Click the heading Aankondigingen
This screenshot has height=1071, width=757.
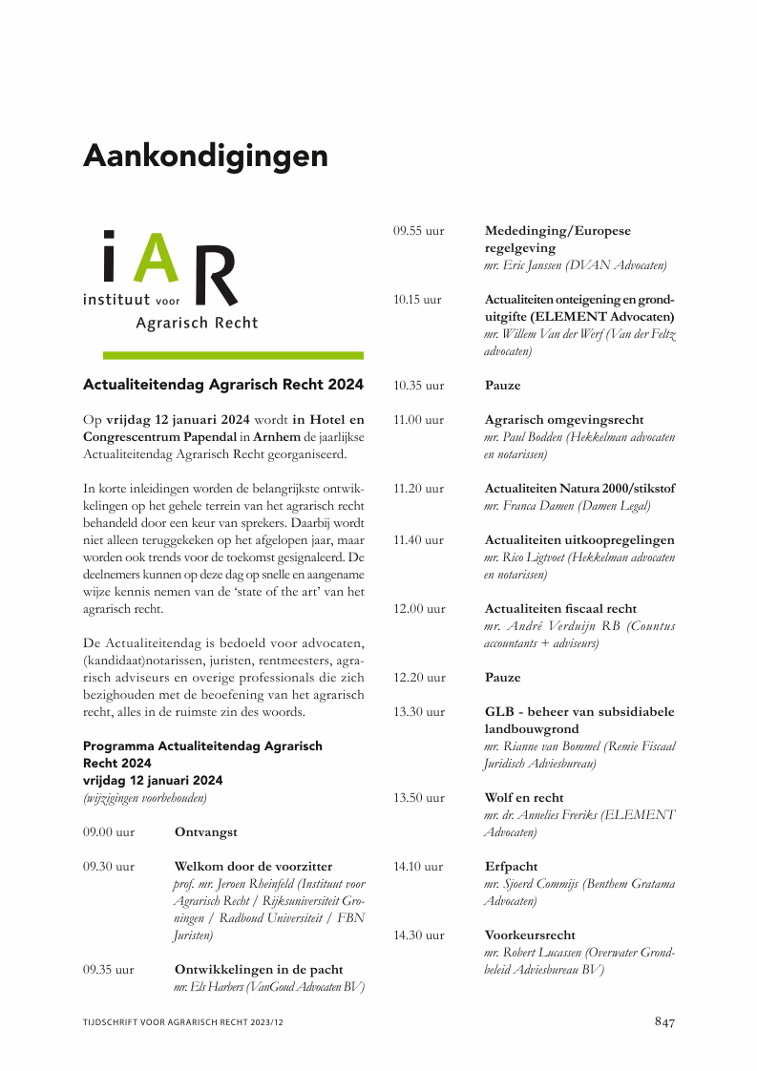(205, 155)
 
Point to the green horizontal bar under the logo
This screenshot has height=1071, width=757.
(233, 355)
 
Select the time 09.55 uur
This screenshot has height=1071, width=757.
(419, 231)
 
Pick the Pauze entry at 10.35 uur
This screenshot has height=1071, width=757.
(503, 386)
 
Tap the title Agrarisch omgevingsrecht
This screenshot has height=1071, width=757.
(564, 419)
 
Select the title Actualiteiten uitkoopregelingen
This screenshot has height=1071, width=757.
(579, 539)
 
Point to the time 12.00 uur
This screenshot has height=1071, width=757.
(419, 608)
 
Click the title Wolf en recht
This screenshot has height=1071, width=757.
(524, 797)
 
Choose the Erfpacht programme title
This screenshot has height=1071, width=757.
(511, 866)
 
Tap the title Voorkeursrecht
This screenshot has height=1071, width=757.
(530, 934)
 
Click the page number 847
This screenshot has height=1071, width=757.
(664, 1021)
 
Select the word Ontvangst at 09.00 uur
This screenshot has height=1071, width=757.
(206, 831)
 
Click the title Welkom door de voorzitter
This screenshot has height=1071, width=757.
(253, 866)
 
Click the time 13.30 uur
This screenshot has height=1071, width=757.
(419, 711)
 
